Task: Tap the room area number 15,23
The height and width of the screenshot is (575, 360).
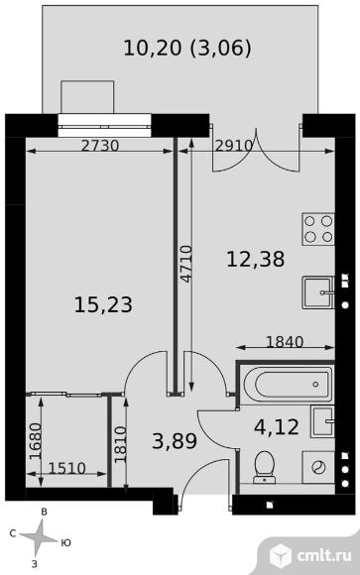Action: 103,304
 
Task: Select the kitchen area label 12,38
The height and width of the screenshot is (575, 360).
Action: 256,259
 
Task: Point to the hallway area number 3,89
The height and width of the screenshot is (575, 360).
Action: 175,441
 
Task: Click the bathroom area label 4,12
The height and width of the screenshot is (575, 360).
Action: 277,427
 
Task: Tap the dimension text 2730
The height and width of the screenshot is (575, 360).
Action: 100,146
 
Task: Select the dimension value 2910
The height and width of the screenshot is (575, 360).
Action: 234,146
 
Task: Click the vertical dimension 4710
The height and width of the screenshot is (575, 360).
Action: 186,264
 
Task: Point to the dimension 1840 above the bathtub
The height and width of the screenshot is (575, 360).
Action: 285,342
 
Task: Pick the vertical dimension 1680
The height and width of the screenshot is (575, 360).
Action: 36,441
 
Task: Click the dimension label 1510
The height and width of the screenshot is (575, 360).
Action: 66,468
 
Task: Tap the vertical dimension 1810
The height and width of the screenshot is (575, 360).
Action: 120,444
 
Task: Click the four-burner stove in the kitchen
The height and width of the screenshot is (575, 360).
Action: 318,229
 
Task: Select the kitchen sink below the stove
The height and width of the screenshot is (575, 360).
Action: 318,292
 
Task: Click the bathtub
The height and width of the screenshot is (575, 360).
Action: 287,385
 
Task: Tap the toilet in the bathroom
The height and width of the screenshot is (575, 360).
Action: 264,466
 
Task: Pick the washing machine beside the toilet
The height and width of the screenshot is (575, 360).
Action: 318,467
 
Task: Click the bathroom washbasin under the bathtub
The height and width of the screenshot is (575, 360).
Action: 322,421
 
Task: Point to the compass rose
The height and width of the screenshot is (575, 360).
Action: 40,538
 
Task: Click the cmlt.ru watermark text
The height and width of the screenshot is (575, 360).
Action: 324,555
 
